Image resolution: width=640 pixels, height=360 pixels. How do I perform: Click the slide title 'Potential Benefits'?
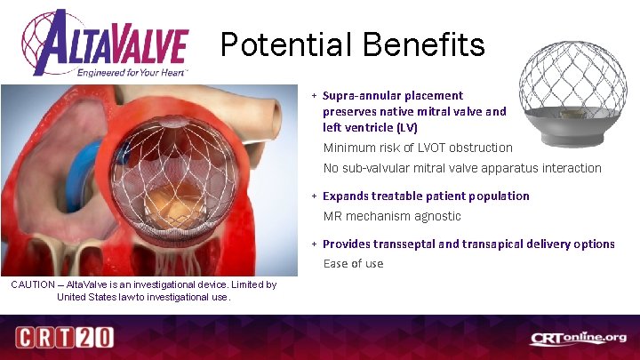click(352, 44)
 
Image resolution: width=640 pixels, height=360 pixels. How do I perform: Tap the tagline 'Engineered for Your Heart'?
click(133, 71)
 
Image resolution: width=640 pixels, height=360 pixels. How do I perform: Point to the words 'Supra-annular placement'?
click(392, 95)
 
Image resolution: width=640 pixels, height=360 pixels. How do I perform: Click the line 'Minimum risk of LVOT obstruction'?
click(417, 148)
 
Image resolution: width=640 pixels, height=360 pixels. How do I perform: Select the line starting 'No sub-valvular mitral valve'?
click(461, 168)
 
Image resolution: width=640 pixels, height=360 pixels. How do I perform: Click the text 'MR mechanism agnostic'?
click(391, 216)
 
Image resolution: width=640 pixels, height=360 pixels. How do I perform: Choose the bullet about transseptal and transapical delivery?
click(468, 244)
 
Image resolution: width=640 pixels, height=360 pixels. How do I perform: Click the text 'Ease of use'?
click(353, 263)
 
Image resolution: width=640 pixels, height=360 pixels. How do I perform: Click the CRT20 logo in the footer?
click(62, 339)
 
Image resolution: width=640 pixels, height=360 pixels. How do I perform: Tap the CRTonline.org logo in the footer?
click(579, 339)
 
